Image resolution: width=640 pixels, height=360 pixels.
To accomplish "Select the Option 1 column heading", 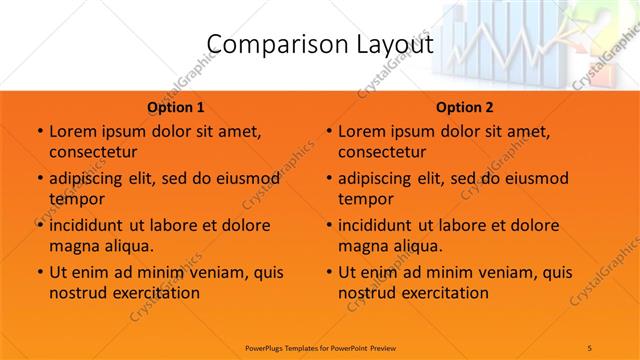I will [x=175, y=107].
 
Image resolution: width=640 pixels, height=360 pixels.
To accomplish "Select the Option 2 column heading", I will [x=464, y=107].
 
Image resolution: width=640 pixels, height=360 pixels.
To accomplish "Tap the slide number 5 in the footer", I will [x=589, y=347].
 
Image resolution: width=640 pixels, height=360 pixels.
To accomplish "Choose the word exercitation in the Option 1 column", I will [x=155, y=293].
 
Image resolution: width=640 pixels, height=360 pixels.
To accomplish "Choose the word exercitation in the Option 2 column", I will [x=444, y=293].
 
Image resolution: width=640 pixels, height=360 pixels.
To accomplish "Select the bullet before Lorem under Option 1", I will [x=38, y=132].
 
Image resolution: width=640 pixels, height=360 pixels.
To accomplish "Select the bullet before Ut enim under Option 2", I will [x=327, y=272].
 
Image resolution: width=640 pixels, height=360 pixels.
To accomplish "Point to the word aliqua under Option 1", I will [x=128, y=245].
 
